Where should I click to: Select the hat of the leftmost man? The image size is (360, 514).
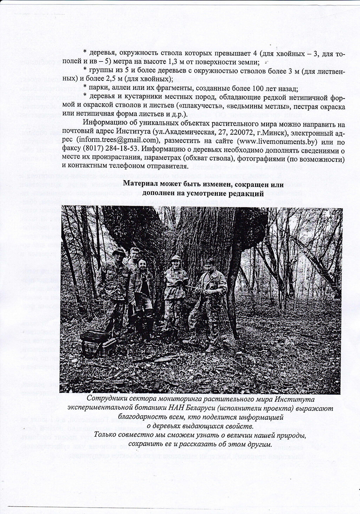119,252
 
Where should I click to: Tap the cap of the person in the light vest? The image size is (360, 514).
176,258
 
